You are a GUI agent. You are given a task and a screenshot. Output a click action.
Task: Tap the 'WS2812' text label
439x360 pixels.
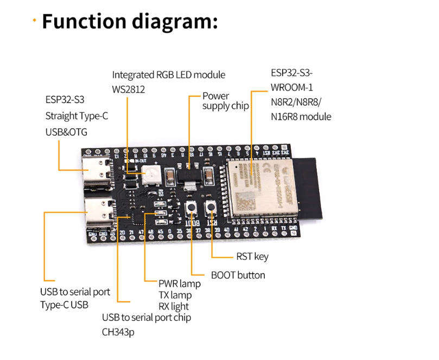(129, 88)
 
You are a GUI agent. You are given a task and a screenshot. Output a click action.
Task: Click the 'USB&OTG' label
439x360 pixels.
(66, 131)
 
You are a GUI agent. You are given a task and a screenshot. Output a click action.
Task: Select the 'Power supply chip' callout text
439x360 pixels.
(225, 101)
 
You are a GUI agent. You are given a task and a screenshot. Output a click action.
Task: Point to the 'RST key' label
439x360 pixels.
(252, 256)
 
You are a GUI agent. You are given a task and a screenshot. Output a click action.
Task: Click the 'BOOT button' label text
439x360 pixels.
(238, 275)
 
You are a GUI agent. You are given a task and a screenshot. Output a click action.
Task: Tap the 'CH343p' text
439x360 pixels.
(118, 331)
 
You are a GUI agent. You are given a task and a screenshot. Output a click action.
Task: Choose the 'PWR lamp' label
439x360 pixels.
(179, 284)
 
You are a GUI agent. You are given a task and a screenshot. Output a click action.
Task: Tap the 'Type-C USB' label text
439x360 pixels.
(64, 305)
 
